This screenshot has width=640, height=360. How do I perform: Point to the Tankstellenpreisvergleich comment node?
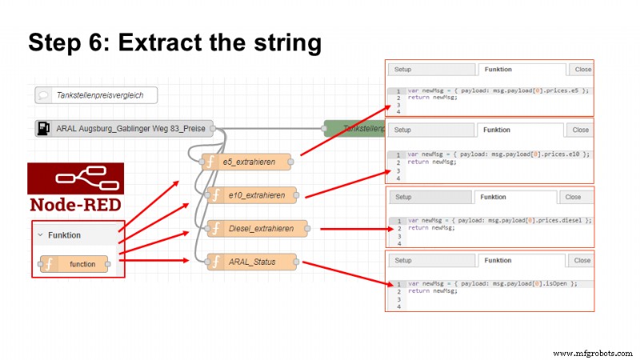click(x=96, y=95)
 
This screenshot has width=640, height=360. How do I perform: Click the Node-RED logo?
click(x=76, y=186)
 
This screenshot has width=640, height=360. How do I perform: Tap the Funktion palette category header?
click(x=72, y=236)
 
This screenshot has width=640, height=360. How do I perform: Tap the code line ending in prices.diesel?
click(x=500, y=220)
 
